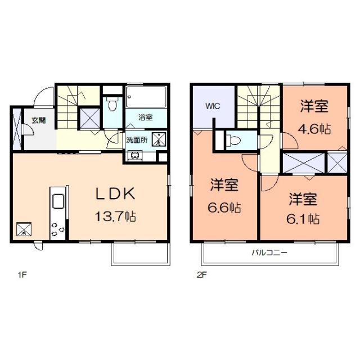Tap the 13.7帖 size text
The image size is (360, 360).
point(116,215)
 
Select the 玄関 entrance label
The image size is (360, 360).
point(38,120)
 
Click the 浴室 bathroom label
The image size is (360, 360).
point(146,117)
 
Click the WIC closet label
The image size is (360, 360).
point(213,105)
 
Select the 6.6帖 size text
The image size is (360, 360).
point(226,208)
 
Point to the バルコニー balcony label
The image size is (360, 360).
point(269,253)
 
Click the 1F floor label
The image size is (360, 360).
point(22,276)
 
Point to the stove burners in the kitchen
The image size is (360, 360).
point(57,228)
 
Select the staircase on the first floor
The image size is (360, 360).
point(70,107)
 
